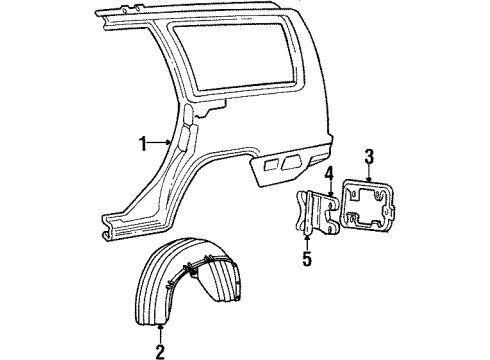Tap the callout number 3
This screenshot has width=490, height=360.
[x=369, y=155]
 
